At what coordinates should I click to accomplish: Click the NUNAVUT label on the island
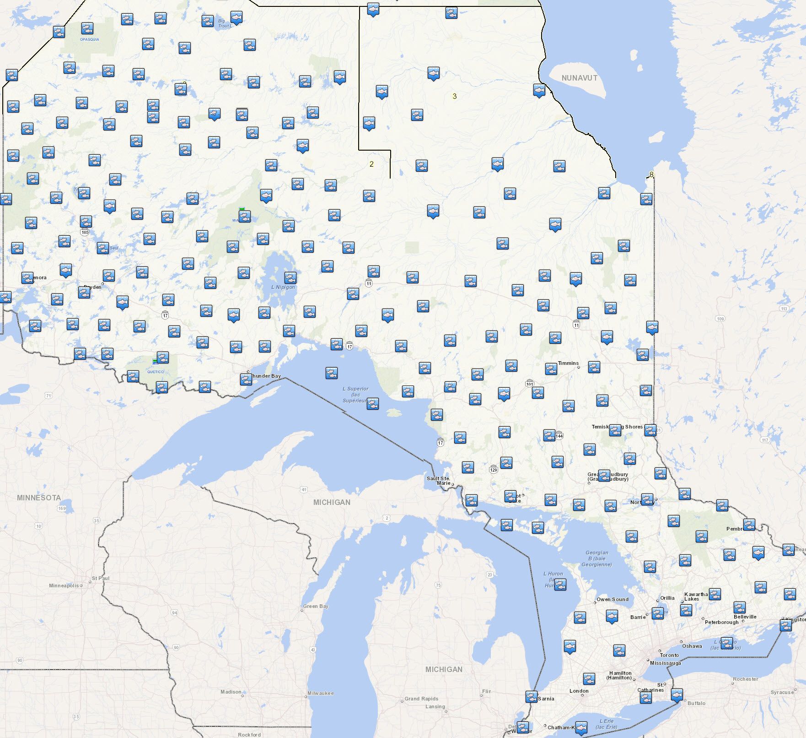tap(579, 78)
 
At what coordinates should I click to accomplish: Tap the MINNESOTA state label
tap(39, 498)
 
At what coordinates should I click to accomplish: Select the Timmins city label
tap(568, 363)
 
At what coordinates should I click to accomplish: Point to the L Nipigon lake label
tap(283, 287)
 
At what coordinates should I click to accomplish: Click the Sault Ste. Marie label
tap(438, 481)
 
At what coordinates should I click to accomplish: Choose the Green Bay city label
tap(316, 606)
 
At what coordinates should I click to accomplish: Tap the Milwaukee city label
tap(320, 693)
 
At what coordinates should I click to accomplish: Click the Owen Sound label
tap(613, 599)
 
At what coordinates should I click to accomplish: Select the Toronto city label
tap(669, 655)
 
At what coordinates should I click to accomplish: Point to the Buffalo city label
tap(696, 703)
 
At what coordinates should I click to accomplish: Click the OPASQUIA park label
tap(89, 39)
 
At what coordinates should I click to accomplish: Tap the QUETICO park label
tap(155, 372)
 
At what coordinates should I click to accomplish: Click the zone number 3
tap(454, 96)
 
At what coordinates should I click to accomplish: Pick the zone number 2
tap(371, 164)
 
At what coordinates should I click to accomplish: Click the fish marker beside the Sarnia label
tap(531, 697)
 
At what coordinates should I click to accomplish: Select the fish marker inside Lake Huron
tap(560, 585)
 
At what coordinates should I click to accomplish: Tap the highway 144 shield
tap(559, 436)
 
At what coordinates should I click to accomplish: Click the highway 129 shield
tap(493, 470)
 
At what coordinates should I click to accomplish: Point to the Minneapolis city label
tap(64, 586)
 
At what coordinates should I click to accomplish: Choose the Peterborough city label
tap(721, 622)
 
